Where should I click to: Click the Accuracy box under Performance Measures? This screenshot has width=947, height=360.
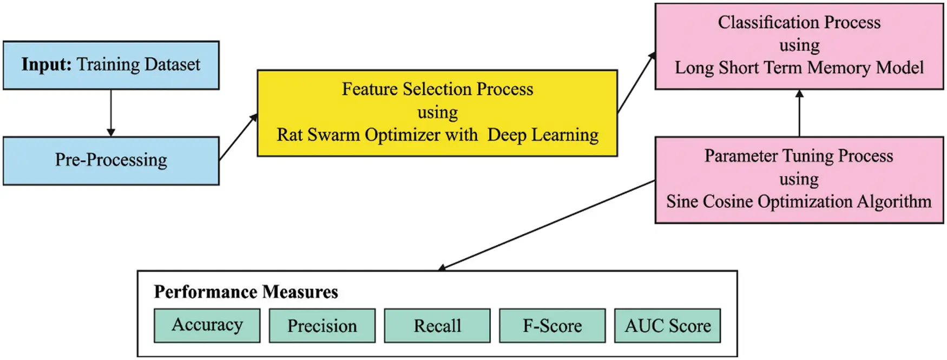click(x=207, y=325)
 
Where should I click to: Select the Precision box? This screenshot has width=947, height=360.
click(x=322, y=326)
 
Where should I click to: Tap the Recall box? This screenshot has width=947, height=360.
click(x=437, y=326)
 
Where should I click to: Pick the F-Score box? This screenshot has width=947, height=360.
click(x=552, y=326)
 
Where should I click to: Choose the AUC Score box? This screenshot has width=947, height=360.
click(x=667, y=326)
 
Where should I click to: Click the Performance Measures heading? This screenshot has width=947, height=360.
click(x=246, y=292)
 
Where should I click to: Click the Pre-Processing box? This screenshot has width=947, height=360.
click(x=111, y=160)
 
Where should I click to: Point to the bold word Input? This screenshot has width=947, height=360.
click(x=47, y=64)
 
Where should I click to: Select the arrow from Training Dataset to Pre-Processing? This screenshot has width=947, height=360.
click(x=111, y=113)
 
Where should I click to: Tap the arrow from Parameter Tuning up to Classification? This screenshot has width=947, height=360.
click(x=799, y=113)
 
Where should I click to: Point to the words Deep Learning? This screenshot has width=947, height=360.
click(x=543, y=135)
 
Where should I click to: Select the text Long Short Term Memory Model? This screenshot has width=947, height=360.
click(x=799, y=68)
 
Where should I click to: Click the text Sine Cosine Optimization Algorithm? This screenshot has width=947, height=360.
click(x=799, y=201)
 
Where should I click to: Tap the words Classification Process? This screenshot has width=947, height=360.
click(x=799, y=22)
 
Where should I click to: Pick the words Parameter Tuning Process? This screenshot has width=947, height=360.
click(x=799, y=156)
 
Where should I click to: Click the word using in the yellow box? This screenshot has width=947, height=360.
click(x=437, y=112)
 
